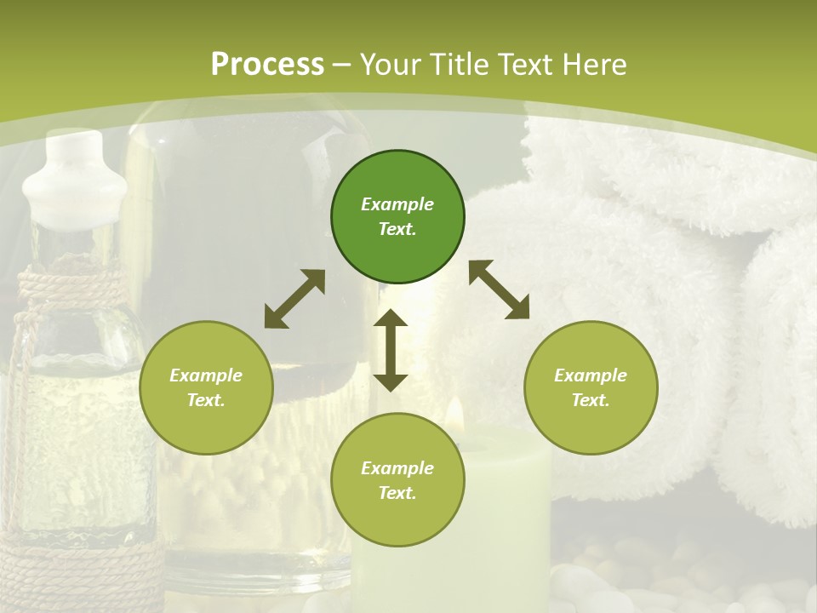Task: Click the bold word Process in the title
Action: tap(267, 65)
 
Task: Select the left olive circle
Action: tap(206, 387)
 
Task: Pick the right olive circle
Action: tap(591, 387)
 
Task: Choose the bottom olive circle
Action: tap(397, 480)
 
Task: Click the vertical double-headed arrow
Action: tap(391, 350)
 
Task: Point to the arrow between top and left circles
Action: tap(294, 299)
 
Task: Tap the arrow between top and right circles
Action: tap(500, 289)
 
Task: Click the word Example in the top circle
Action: tap(397, 204)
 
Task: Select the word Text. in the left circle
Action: tap(206, 400)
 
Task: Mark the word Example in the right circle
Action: tap(591, 375)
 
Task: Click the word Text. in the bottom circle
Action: tap(397, 493)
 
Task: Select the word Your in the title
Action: tap(386, 65)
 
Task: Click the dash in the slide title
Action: tap(342, 65)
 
